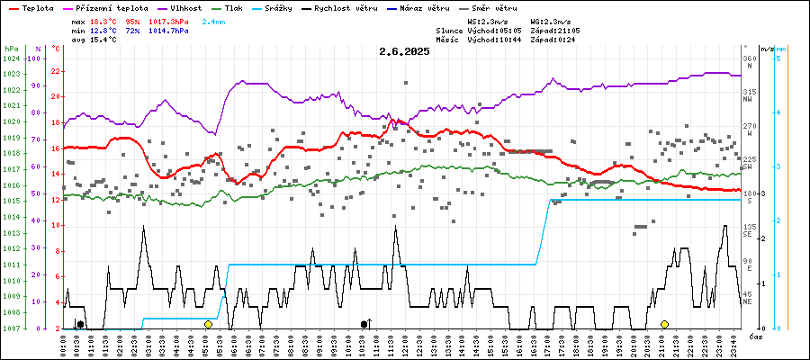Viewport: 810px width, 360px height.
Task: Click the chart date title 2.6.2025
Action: coord(404,51)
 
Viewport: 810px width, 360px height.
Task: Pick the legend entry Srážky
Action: coord(283,7)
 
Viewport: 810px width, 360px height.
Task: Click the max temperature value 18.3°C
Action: coord(103,20)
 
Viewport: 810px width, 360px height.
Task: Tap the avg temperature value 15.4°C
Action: coord(103,41)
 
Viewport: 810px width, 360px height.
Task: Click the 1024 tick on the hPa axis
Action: coord(11,58)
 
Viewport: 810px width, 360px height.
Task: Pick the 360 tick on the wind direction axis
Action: coord(750,58)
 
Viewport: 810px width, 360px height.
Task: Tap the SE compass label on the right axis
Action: coord(748,234)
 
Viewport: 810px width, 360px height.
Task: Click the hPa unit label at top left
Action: coord(11,48)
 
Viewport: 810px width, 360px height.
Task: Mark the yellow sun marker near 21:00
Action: coord(664,324)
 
